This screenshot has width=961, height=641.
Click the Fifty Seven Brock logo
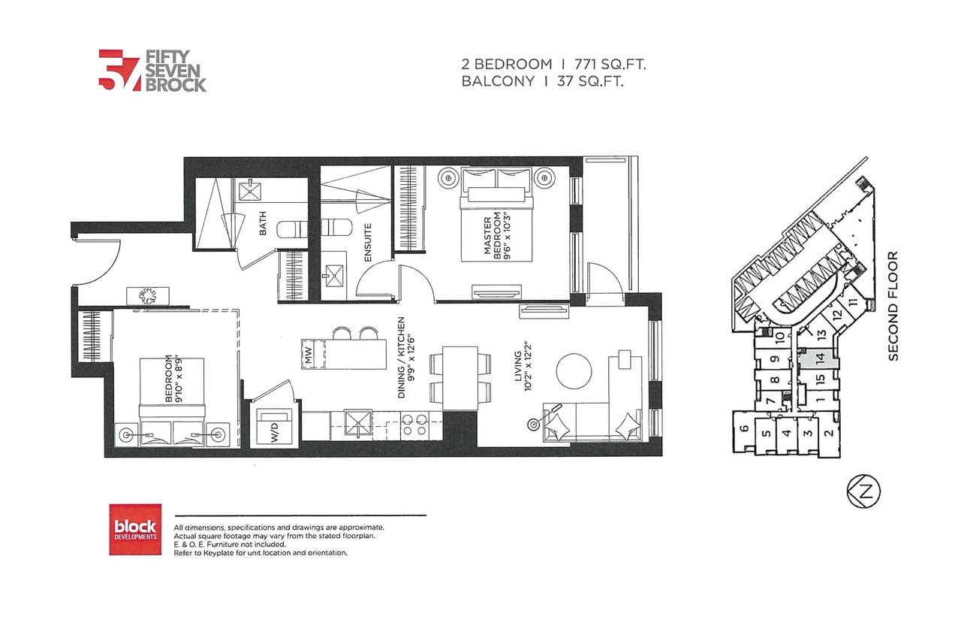coord(152,71)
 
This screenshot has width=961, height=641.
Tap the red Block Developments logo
coord(135,529)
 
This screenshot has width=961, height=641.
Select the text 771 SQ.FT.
coord(610,65)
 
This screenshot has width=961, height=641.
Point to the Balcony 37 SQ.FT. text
coord(542,81)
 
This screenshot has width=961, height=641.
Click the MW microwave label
coord(309,354)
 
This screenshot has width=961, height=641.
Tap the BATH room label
coord(263,223)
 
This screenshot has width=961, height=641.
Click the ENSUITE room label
coord(368,242)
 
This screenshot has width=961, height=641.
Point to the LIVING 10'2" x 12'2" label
coord(523,366)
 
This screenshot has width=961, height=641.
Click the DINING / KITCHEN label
coord(406,358)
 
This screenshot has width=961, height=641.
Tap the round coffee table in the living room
coord(574,371)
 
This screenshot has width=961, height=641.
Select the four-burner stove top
coord(414,425)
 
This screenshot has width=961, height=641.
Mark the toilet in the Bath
coord(293,230)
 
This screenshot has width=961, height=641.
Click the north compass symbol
coord(863,491)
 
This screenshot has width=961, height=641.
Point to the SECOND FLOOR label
coord(893,306)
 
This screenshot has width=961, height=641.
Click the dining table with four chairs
coord(460,378)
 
